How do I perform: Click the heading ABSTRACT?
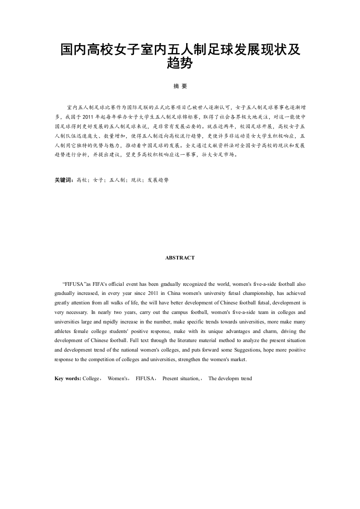click(180, 258)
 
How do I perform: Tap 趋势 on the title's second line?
click(180, 64)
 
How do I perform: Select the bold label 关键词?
click(64, 180)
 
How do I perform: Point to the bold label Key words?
click(68, 378)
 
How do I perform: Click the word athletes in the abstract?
click(64, 331)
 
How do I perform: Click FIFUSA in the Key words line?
click(145, 378)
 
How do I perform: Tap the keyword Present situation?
click(180, 378)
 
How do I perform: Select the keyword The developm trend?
click(230, 378)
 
